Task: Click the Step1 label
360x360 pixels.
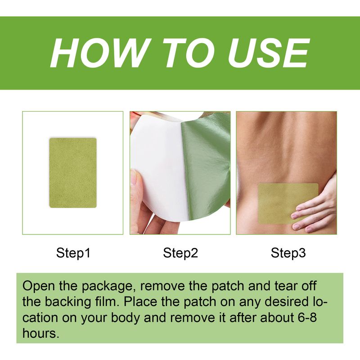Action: click(x=73, y=253)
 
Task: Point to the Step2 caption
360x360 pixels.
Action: click(x=180, y=253)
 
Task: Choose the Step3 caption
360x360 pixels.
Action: click(x=288, y=253)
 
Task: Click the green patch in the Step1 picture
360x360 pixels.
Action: click(x=73, y=173)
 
